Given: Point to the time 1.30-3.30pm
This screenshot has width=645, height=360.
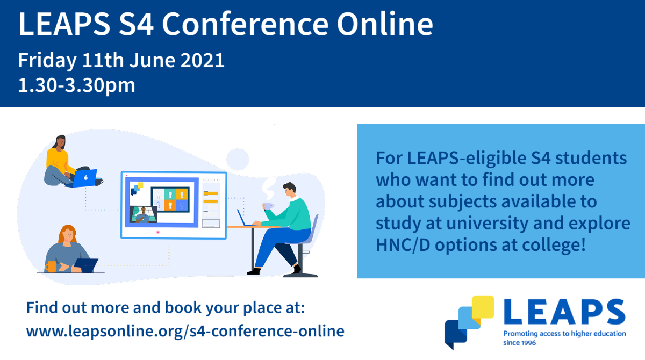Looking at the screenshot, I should click(x=76, y=85).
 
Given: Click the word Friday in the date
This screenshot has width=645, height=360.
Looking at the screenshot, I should click(x=47, y=60).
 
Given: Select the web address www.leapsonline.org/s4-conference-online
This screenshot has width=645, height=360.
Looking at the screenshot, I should click(x=185, y=330).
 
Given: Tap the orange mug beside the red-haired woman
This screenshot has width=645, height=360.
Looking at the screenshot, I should click(x=51, y=267).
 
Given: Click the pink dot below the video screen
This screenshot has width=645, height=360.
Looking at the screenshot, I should click(x=157, y=232).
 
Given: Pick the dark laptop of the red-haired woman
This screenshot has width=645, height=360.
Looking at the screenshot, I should click(x=86, y=265).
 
